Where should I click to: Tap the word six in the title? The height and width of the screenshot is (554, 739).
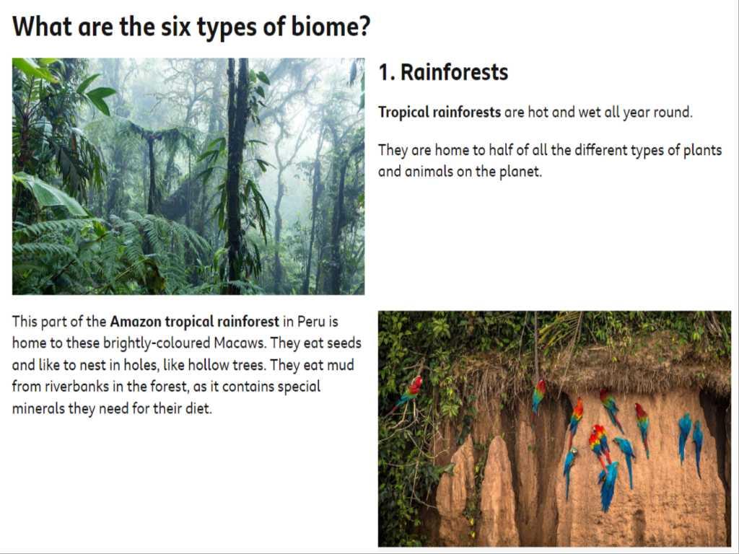176,27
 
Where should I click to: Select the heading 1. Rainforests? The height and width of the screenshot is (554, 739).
444,73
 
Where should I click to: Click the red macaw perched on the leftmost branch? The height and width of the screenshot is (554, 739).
412,390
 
